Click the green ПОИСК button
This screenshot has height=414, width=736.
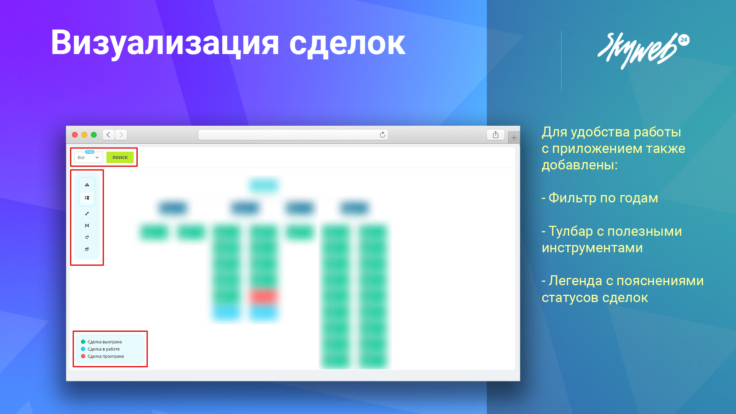[x=120, y=157]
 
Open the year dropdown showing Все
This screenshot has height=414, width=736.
[x=88, y=157]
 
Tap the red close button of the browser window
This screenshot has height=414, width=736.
[x=75, y=135]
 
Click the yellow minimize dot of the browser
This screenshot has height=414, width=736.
[x=84, y=135]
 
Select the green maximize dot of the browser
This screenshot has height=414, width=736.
[x=94, y=135]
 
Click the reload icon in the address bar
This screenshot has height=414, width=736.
[x=382, y=135]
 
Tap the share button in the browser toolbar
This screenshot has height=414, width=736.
[x=496, y=135]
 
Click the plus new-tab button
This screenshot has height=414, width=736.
[x=514, y=138]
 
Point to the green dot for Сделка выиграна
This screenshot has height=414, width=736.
[x=83, y=342]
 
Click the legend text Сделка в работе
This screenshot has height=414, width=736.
[x=103, y=349]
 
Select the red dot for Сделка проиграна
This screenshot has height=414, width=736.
[x=83, y=356]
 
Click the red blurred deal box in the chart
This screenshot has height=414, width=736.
[x=263, y=296]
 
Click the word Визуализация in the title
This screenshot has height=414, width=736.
[x=165, y=43]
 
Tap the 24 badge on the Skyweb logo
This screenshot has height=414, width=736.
[x=684, y=40]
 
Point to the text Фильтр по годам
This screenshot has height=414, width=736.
[x=603, y=198]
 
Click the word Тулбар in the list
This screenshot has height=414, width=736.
[x=571, y=231]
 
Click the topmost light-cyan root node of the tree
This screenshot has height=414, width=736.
[x=264, y=186]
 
